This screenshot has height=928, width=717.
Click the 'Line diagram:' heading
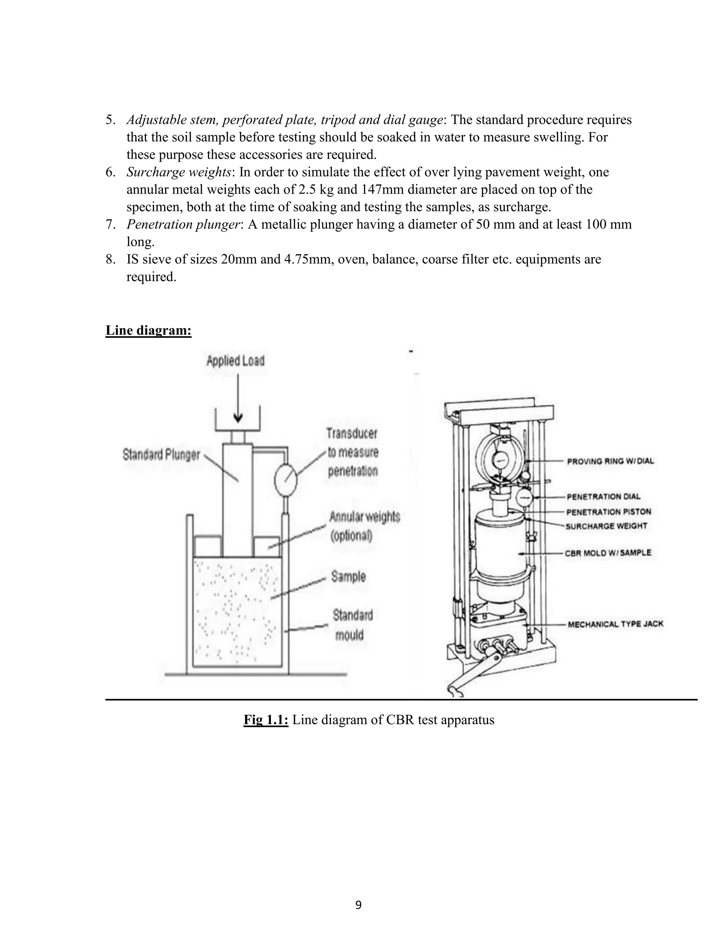point(148,330)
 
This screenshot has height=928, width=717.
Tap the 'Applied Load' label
point(235,361)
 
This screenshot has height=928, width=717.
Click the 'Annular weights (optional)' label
point(364,526)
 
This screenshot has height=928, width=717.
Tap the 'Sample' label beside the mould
point(348,577)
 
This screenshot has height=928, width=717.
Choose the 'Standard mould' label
point(352,625)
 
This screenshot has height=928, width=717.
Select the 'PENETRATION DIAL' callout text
point(603,496)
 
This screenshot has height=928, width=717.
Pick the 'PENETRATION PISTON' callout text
point(608,512)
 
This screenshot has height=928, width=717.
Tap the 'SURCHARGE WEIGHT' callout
point(606,526)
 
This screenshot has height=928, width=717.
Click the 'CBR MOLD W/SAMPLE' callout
point(607,553)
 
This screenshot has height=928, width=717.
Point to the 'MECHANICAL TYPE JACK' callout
point(615,624)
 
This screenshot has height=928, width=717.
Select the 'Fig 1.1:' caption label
point(266,720)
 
